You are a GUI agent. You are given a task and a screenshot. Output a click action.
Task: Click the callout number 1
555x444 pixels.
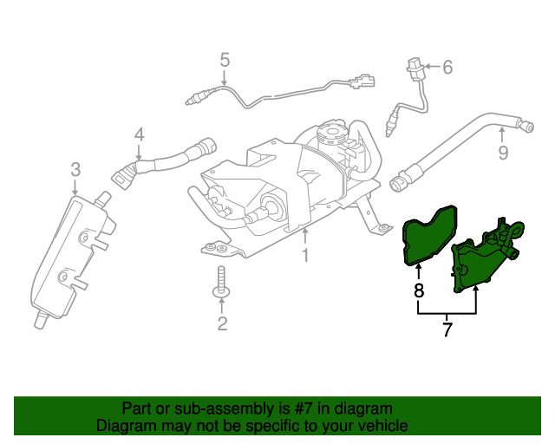point(305,255)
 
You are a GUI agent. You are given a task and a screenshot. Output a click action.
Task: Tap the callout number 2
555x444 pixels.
point(222,323)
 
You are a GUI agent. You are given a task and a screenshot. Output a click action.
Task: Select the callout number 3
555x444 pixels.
point(75,170)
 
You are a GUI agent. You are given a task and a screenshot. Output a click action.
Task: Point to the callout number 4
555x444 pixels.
point(140,135)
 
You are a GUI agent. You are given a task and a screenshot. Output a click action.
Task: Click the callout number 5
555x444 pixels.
point(225,60)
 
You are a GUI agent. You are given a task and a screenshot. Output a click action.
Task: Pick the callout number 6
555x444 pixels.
point(447,67)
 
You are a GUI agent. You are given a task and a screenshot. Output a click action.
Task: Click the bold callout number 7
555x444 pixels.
point(447,330)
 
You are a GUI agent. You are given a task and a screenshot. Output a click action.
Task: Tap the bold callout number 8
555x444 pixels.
point(419,291)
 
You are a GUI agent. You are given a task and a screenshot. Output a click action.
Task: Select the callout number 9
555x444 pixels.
point(503,153)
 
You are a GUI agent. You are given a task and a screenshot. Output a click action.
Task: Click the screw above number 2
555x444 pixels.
point(222,282)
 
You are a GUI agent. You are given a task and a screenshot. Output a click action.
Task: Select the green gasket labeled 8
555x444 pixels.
point(429,235)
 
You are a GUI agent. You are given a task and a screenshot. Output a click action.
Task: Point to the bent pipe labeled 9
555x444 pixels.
point(460,151)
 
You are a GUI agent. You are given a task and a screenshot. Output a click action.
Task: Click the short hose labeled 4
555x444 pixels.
point(164,162)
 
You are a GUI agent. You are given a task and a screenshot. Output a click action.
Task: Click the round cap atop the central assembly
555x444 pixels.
point(331,134)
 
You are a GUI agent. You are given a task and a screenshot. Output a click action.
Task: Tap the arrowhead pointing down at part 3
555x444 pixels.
point(75,192)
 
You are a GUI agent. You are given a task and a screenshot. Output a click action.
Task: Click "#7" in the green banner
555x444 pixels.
point(303,409)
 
